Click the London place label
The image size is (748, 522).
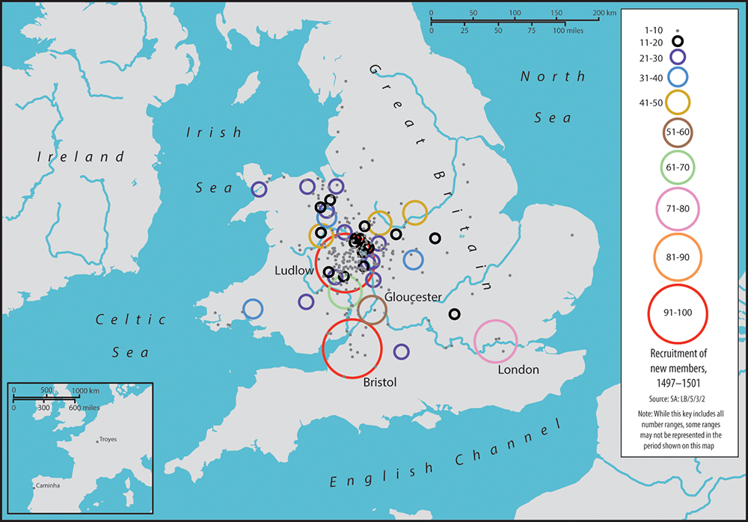point(518,369)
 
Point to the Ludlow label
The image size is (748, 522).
point(293,270)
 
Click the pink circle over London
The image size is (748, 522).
point(496,341)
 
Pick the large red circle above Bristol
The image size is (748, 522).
point(352,348)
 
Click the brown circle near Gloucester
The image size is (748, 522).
point(372,309)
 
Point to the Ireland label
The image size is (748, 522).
point(72,157)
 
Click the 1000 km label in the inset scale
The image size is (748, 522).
point(87,390)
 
